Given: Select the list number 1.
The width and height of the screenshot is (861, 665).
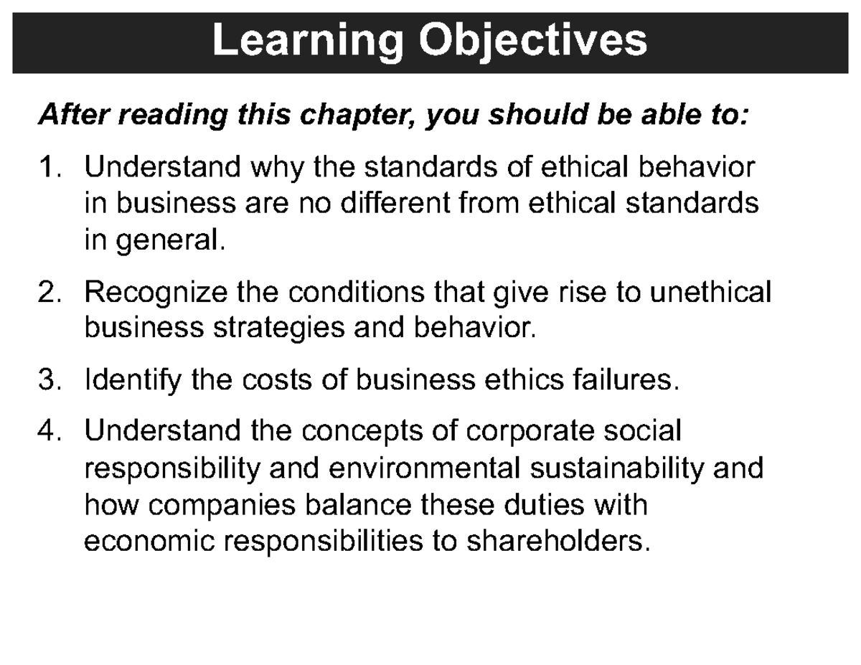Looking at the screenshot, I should pos(47,168).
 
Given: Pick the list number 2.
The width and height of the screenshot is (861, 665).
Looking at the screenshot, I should pos(47,293).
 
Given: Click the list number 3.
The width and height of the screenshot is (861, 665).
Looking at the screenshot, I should pos(47,379).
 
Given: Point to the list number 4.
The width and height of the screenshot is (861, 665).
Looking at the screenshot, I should pos(47,432).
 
